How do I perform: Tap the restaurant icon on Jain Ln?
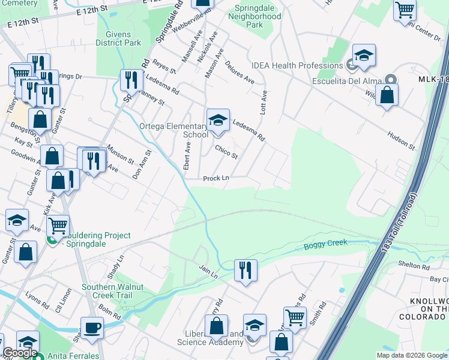tap(245, 269)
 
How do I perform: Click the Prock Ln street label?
tap(216, 178)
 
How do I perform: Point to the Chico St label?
tap(226, 152)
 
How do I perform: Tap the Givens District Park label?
tap(119, 38)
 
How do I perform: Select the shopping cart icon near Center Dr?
tap(405, 10)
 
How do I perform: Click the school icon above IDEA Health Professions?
tap(364, 55)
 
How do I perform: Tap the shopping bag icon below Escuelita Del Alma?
tap(387, 95)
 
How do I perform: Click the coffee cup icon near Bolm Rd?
tap(92, 328)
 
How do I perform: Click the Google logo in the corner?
tap(20, 352)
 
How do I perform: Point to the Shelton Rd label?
tap(414, 265)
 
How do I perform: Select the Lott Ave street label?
tap(264, 103)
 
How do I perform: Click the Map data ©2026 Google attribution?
tap(412, 355)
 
